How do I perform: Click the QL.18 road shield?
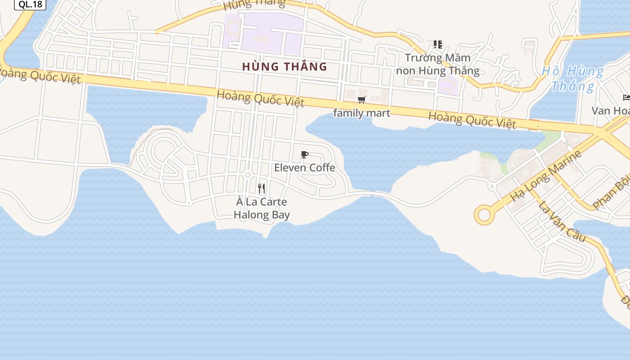(30, 4)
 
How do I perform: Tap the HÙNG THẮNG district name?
(284, 67)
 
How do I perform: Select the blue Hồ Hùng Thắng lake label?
(572, 78)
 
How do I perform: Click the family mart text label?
(361, 112)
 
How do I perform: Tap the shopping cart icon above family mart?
(361, 99)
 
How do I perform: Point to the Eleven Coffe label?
(305, 167)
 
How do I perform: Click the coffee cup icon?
(305, 155)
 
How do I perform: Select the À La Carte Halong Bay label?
(261, 208)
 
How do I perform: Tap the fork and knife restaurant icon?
(261, 188)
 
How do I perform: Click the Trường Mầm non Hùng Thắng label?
(437, 64)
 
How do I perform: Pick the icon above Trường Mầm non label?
(437, 44)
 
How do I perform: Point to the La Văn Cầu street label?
(562, 221)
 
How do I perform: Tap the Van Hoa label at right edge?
(610, 111)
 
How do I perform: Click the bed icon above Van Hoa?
(626, 97)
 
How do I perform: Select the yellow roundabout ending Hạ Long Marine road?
(484, 215)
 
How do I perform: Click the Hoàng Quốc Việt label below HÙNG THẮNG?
(260, 98)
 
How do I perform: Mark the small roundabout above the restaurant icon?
(247, 175)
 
